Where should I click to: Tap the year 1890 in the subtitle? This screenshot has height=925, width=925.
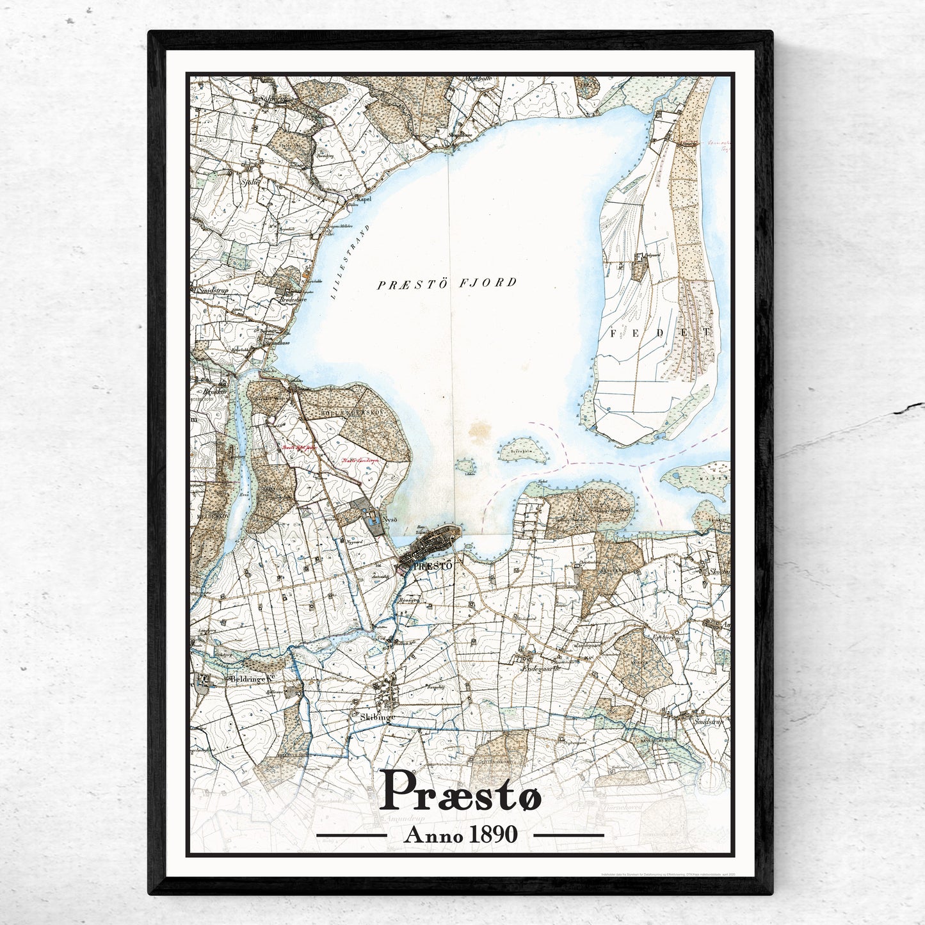point(493,835)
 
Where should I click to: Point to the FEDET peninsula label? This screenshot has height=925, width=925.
point(660,333)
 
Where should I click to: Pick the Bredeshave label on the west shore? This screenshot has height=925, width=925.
point(291,298)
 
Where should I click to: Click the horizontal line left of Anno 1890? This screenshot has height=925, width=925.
point(352,835)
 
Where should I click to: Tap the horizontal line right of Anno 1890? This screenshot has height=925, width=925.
point(568,835)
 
